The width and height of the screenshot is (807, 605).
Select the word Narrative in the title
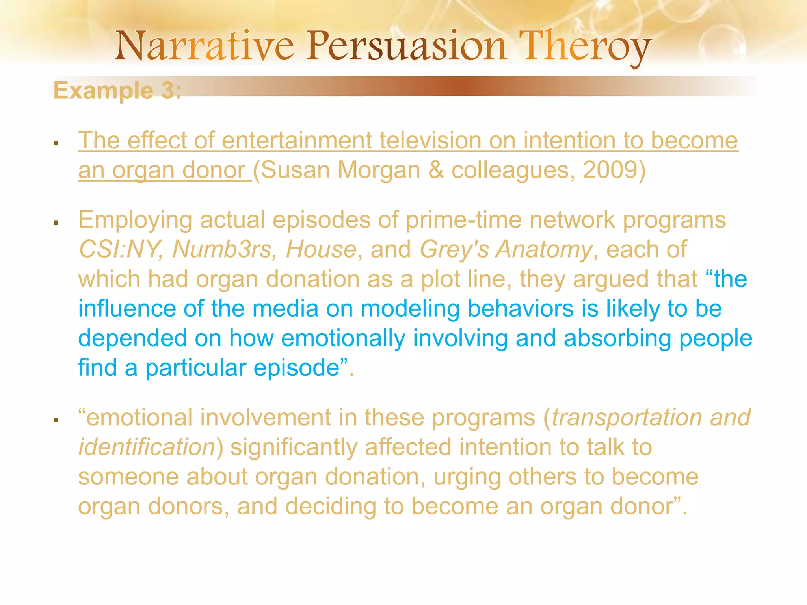[205, 46]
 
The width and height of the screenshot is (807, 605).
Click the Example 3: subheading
[117, 91]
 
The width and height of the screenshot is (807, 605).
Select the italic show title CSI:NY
[120, 249]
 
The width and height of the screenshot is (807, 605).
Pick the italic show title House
[321, 249]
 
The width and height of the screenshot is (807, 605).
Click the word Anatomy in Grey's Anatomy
[544, 249]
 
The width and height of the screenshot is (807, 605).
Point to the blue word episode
[296, 368]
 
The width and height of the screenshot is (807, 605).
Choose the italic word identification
[147, 447]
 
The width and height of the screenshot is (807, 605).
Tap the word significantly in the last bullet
[294, 447]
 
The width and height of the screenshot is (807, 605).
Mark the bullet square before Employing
[56, 223]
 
